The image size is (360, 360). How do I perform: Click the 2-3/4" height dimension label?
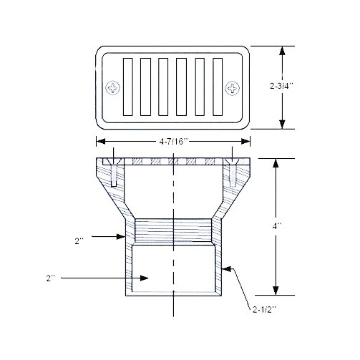281,86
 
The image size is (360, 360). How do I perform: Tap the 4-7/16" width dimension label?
174,142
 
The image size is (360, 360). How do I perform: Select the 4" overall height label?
277,225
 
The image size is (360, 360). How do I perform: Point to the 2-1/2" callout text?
265,310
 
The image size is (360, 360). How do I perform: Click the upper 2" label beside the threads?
79,241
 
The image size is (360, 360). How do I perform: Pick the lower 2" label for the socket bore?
51,278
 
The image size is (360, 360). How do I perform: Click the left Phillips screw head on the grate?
113,88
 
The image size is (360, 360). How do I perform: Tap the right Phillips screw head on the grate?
233,88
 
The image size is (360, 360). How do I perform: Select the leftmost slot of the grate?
128,87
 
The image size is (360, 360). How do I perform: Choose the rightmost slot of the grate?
218,87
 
